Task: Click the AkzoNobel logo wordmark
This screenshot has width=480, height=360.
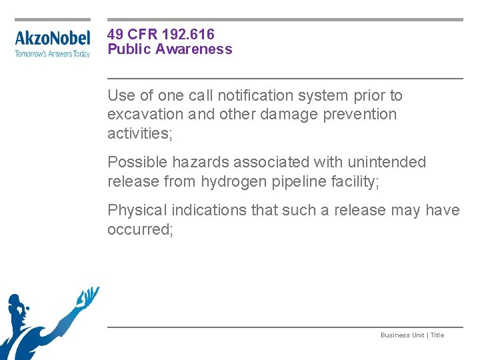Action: click(52, 39)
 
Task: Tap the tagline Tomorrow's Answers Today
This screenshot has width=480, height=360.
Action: click(52, 54)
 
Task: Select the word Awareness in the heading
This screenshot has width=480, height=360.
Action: click(197, 49)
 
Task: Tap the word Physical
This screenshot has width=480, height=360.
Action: click(137, 210)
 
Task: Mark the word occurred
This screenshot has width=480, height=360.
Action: click(139, 229)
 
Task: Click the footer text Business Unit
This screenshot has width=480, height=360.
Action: click(402, 335)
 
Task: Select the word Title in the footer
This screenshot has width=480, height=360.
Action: click(437, 335)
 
